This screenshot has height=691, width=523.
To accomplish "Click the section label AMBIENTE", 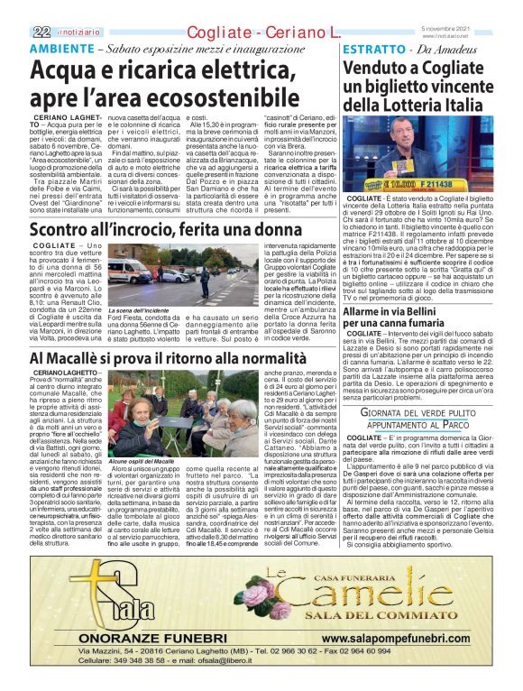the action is [64, 49].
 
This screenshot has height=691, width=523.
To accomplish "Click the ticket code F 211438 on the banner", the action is [460, 183].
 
